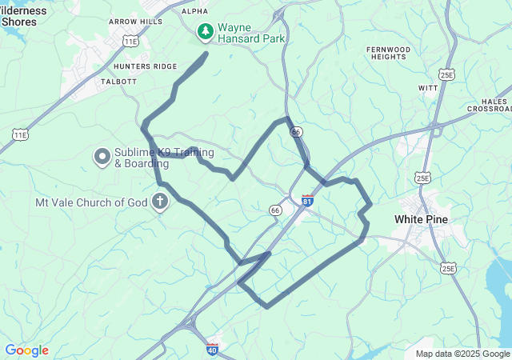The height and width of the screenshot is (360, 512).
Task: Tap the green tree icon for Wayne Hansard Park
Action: [x=206, y=31]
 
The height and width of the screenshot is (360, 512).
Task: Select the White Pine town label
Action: [x=421, y=218]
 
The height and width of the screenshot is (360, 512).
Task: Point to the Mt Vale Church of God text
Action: [x=91, y=202]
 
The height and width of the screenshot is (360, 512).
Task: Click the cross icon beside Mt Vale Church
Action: [x=160, y=202]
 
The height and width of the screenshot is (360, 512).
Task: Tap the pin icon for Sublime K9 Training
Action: [x=102, y=158]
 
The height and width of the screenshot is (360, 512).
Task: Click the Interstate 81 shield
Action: [x=308, y=199]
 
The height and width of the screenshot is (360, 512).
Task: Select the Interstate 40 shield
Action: [x=212, y=349]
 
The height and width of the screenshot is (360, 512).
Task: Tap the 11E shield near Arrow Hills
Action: [x=130, y=40]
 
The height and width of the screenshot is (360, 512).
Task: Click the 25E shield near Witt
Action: [x=446, y=75]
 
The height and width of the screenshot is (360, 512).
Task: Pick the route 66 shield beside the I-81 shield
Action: [x=275, y=210]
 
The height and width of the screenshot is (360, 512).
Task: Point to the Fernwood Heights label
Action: [x=388, y=54]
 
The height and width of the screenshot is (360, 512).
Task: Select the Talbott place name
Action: [x=120, y=82]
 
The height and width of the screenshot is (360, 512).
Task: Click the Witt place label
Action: [x=428, y=86]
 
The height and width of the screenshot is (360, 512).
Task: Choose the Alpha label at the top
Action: [x=194, y=11]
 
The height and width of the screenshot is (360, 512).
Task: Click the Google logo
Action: [x=26, y=350]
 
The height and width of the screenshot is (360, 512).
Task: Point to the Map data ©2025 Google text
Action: [x=462, y=354]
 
